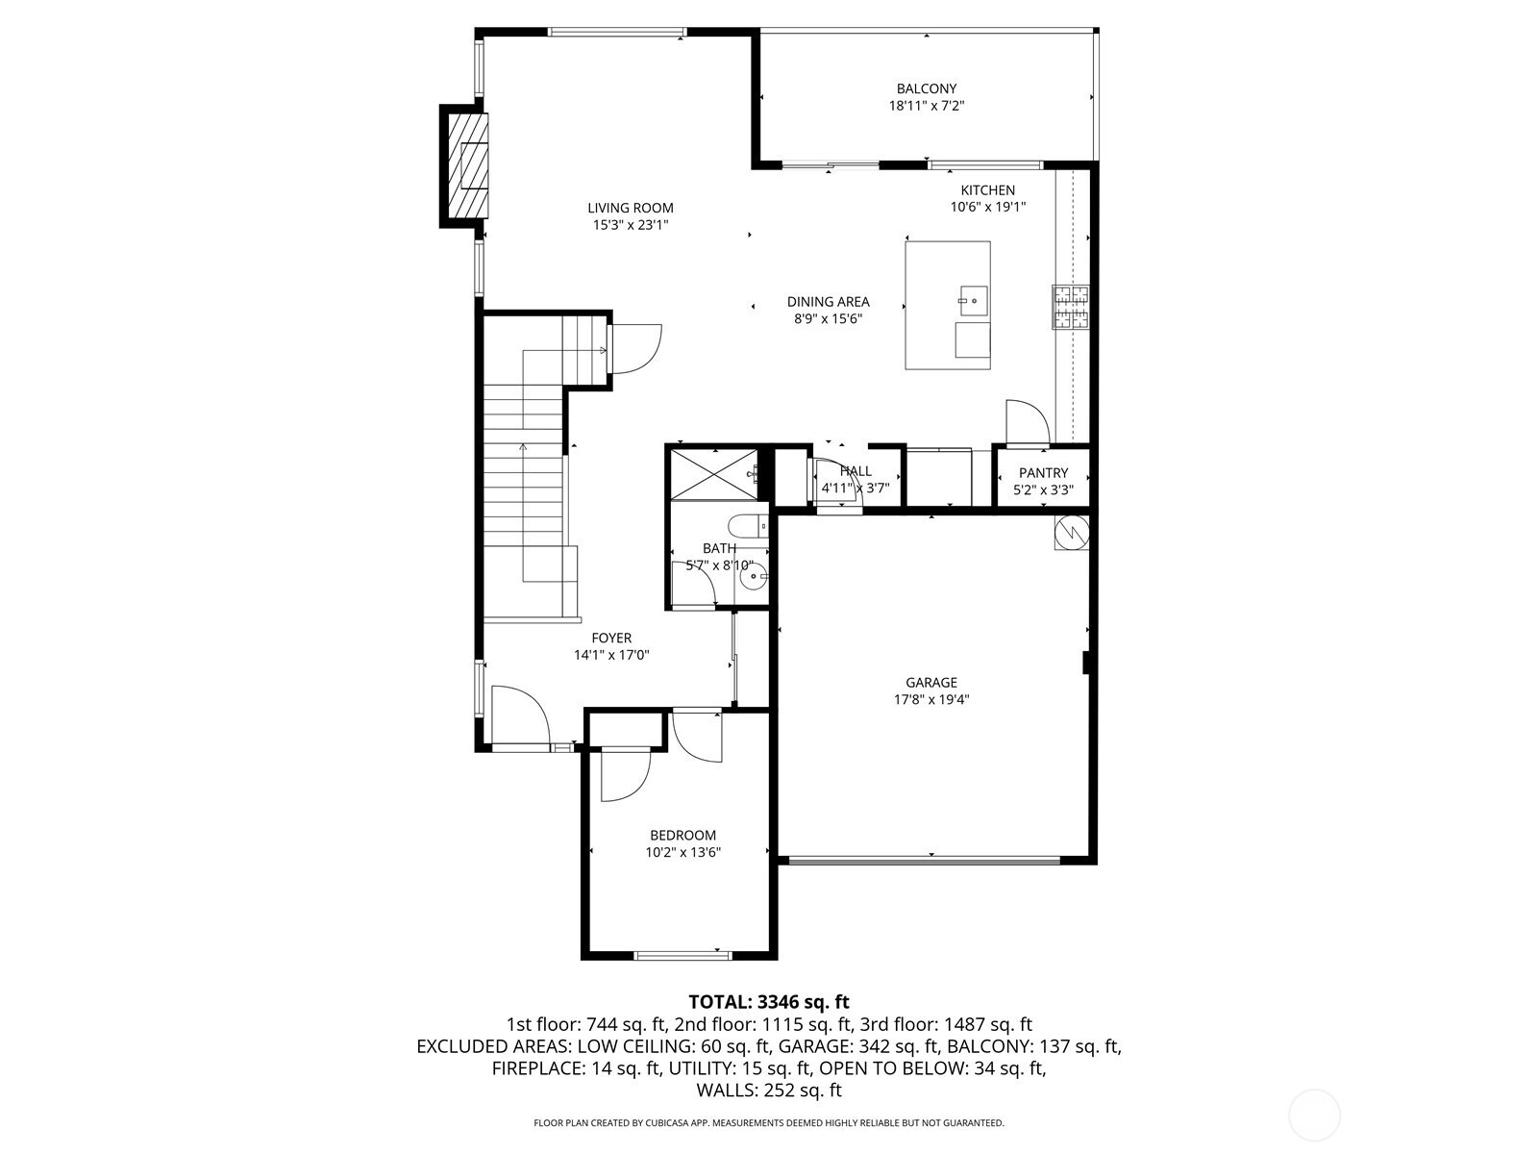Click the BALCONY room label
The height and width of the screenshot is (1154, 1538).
(926, 89)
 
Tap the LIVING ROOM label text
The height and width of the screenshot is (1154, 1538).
(630, 208)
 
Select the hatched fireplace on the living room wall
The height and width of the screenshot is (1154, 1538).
(464, 166)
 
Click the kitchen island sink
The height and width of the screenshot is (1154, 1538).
(973, 301)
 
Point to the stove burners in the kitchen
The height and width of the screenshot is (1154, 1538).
(1070, 307)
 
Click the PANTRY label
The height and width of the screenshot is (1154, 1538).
(1043, 473)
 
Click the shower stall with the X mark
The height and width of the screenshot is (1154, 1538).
(714, 474)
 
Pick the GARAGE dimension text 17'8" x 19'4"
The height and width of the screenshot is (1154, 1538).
(931, 699)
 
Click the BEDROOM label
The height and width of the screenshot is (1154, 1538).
(682, 835)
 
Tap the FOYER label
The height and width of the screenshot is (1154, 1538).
(611, 639)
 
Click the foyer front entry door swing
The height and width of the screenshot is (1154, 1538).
(522, 715)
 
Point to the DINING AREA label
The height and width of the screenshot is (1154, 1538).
(829, 302)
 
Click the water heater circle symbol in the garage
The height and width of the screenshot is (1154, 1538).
(1072, 534)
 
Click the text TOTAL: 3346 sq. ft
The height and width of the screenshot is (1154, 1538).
(769, 1002)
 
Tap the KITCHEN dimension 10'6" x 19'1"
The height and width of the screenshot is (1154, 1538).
(988, 208)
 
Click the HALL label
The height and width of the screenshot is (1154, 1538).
(856, 471)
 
